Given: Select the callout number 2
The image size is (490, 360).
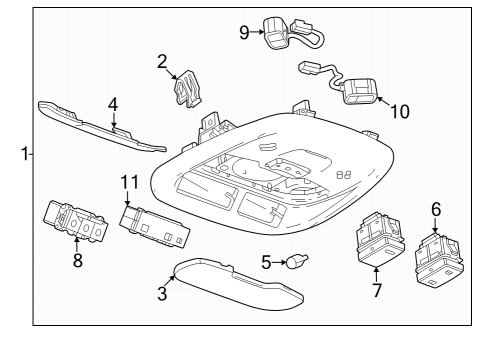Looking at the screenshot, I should [x=161, y=62].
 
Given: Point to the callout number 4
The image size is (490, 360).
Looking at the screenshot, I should [x=113, y=103].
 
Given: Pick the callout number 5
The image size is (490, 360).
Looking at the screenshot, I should [x=266, y=263].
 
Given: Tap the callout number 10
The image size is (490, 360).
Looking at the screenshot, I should [x=399, y=112].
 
